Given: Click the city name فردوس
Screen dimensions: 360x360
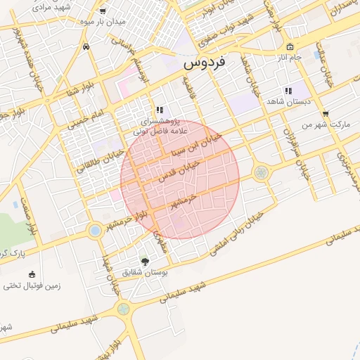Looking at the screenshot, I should (x=205, y=63).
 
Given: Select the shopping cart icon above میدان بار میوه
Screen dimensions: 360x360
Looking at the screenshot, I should (x=103, y=11).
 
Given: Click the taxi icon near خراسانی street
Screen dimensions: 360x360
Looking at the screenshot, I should (x=86, y=47).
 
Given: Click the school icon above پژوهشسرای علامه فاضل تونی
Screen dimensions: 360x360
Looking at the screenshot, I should (x=160, y=110).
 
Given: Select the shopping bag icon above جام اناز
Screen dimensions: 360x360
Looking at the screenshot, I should (x=290, y=46).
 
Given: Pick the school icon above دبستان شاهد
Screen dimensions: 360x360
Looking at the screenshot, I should (x=288, y=91).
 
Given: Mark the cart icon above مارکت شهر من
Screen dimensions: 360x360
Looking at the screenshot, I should (x=325, y=113).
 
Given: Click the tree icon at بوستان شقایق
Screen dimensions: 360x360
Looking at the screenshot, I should (x=145, y=261).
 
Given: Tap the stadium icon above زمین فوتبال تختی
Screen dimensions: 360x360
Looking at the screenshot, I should (x=31, y=274).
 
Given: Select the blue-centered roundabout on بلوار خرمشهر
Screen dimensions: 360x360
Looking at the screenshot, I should (x=95, y=230).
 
